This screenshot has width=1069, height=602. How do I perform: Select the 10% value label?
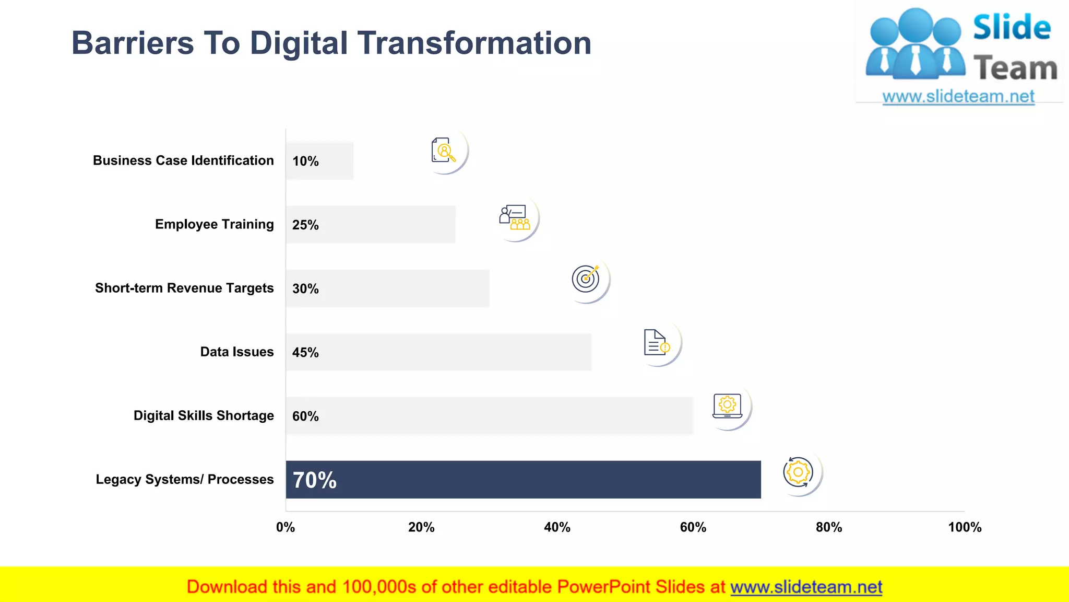tap(305, 161)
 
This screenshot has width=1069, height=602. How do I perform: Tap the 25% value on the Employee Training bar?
tap(305, 225)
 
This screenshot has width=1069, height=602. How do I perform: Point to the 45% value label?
tap(305, 352)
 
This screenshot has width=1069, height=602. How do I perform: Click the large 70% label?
tap(315, 480)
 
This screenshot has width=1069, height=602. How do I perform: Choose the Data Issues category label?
tap(237, 352)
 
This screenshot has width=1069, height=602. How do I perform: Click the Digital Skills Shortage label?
tap(204, 415)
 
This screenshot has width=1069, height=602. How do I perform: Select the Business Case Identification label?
tap(183, 160)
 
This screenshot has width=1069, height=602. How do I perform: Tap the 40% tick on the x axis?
tap(557, 527)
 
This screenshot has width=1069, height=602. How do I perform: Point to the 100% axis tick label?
tap(965, 527)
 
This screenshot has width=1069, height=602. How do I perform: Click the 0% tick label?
tap(286, 527)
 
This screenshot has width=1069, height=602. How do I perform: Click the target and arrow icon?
tap(586, 278)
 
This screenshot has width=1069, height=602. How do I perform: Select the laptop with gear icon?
tap(728, 406)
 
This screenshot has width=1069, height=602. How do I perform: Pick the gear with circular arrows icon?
tap(798, 472)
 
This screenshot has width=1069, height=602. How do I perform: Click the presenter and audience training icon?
tap(515, 217)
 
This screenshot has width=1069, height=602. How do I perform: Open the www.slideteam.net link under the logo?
tap(958, 97)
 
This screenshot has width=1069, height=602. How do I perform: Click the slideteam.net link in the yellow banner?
tap(806, 587)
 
